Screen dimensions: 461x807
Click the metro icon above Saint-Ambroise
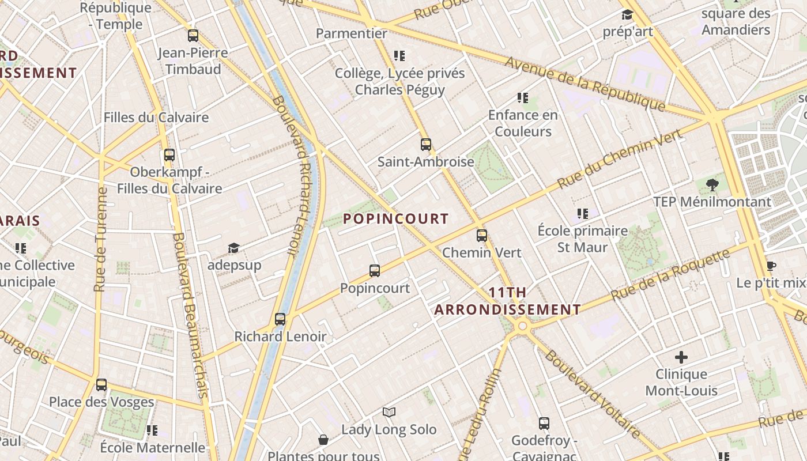[426, 145]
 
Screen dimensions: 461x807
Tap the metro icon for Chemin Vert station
[482, 236]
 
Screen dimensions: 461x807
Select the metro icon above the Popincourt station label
[375, 271]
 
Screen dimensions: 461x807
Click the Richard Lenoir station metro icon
[280, 319]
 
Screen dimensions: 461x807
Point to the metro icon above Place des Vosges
[101, 385]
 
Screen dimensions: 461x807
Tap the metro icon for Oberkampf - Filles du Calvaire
[169, 155]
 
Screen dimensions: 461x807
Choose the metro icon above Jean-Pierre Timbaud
[193, 36]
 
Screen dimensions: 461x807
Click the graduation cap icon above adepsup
[233, 248]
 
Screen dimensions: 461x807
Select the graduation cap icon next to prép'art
[627, 15]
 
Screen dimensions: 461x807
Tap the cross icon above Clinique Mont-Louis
[681, 357]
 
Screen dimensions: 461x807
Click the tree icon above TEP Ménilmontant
[712, 185]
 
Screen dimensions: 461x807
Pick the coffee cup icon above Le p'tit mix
[771, 266]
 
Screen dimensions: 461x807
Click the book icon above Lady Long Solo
[389, 413]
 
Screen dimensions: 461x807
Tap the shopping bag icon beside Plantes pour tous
[323, 440]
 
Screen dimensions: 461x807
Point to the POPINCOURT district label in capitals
[395, 219]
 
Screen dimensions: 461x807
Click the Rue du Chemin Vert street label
[620, 158]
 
